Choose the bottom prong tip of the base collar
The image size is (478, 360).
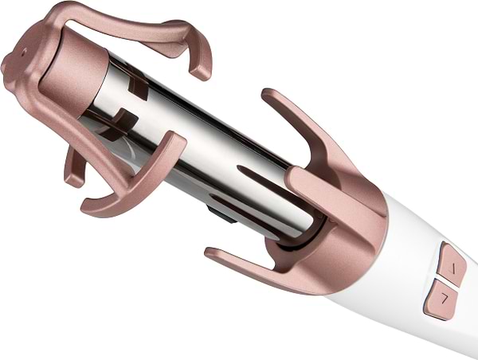click(211, 255)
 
